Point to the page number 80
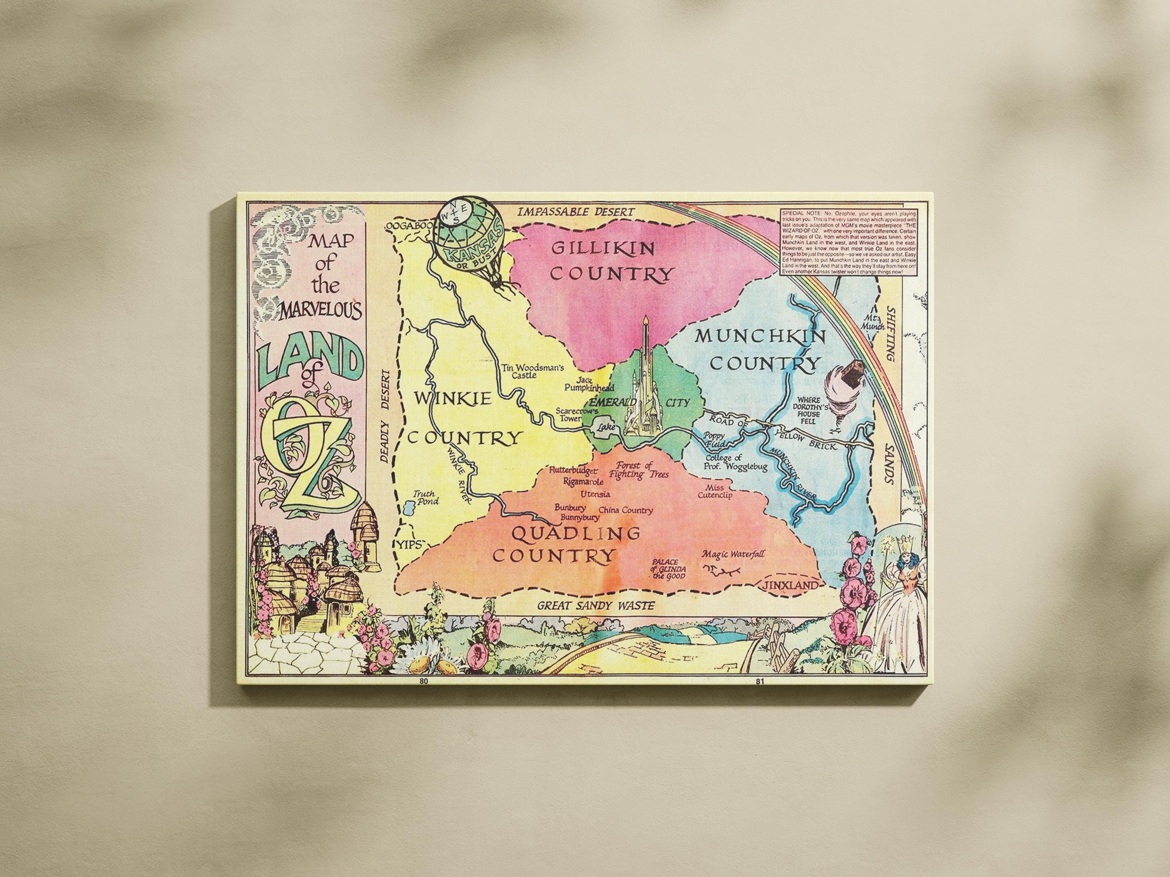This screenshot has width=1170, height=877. [x=423, y=681]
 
